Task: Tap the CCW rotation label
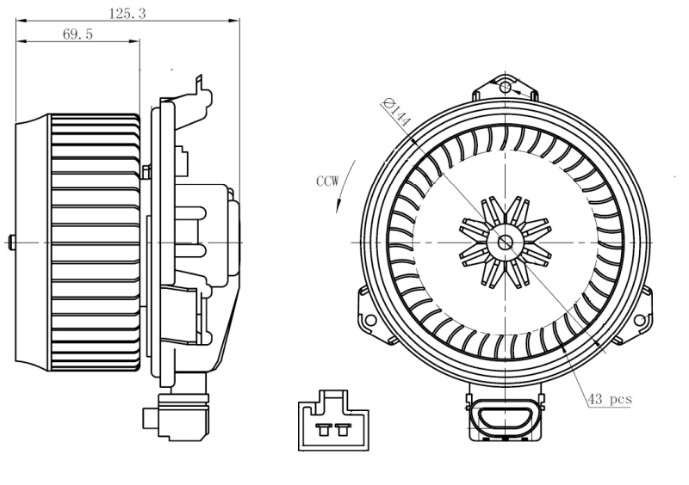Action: click(x=328, y=181)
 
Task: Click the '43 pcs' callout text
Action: click(x=610, y=400)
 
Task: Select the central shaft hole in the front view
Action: click(x=504, y=242)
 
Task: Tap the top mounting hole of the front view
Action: click(x=505, y=86)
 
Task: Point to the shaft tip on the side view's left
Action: click(x=10, y=242)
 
